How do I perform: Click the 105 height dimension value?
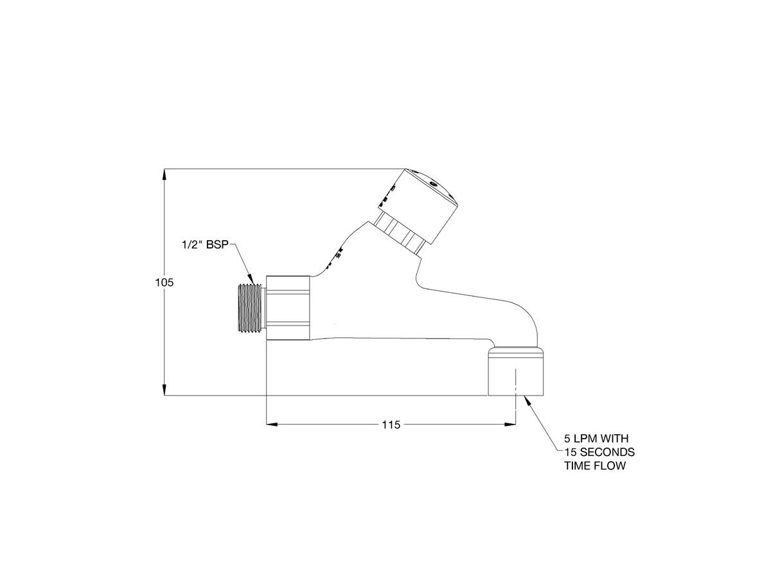[x=165, y=282]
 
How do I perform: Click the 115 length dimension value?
[x=391, y=425]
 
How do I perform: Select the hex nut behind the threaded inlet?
[x=289, y=308]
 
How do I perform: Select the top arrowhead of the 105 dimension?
[x=165, y=174]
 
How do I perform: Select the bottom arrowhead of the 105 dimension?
[x=165, y=390]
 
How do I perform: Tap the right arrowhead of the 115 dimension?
[x=510, y=425]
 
